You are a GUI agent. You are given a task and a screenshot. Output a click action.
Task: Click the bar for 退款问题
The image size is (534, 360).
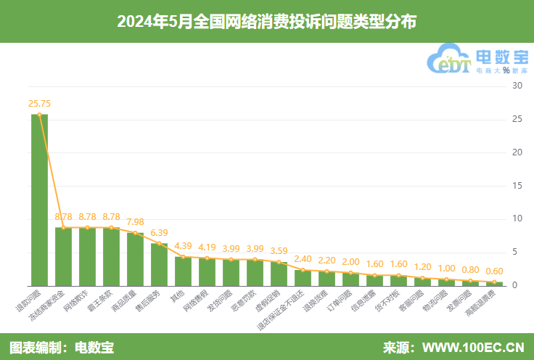[x=39, y=200]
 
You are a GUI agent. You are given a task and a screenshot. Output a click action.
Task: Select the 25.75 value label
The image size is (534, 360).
[x=39, y=104]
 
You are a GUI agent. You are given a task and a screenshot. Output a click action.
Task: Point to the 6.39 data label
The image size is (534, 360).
[x=159, y=232]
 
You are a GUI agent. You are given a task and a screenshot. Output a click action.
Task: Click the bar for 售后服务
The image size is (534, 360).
[x=159, y=264]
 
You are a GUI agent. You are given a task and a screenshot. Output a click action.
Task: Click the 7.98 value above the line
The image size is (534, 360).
[x=135, y=221]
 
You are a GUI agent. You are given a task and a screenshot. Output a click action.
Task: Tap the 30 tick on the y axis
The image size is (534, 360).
[x=517, y=86]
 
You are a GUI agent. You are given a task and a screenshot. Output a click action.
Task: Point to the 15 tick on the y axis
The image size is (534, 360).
[x=517, y=186]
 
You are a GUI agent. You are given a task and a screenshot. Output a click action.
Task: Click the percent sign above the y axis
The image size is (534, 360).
[x=506, y=70]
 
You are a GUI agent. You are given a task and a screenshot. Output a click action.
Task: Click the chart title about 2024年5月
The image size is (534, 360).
[x=266, y=21]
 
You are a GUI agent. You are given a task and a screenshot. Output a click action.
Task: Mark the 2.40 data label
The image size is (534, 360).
[x=303, y=259]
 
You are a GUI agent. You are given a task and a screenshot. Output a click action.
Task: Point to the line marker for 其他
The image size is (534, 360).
[x=183, y=256]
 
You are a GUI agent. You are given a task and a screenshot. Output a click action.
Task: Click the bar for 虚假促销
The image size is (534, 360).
[x=279, y=274]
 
